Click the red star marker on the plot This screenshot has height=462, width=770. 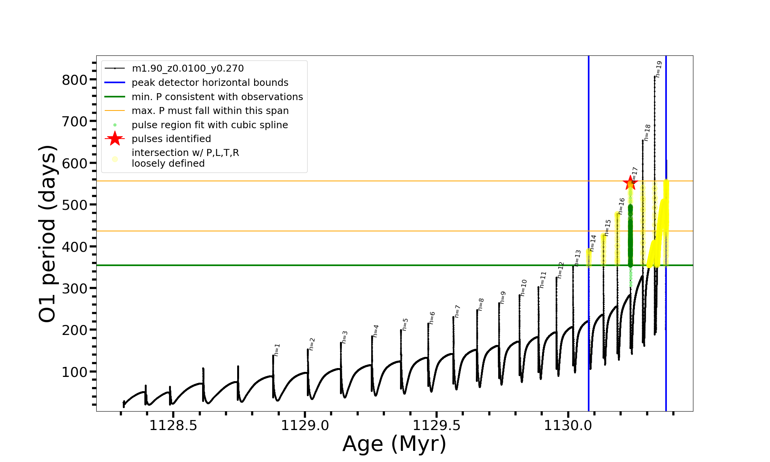click(630, 183)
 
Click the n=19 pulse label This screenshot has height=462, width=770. click(658, 69)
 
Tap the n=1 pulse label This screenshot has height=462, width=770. click(277, 350)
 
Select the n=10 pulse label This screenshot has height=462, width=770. click(523, 288)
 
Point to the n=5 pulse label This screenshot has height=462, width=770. click(405, 325)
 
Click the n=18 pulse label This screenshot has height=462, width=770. click(647, 133)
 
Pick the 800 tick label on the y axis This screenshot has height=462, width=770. click(75, 80)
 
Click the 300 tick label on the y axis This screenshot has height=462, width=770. click(75, 288)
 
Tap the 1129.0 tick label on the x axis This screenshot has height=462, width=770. click(305, 426)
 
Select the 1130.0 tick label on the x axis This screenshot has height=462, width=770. click(568, 426)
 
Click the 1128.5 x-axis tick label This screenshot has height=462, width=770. click(173, 426)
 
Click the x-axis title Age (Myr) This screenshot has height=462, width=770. click(394, 444)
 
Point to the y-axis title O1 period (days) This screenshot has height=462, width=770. click(48, 234)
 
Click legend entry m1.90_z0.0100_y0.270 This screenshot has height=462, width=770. click(187, 69)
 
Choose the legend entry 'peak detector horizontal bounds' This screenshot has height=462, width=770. click(210, 83)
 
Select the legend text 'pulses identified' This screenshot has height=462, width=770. click(171, 139)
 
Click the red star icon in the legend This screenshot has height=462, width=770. click(115, 139)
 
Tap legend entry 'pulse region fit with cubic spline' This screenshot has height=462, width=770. click(210, 125)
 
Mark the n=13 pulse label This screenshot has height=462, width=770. click(577, 258)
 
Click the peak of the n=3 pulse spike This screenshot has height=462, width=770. click(341, 343)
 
